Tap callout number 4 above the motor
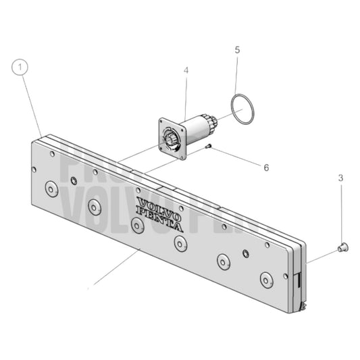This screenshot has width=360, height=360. click(x=186, y=70)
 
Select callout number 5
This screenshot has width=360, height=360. click(x=236, y=49)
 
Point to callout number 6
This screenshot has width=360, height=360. click(x=265, y=167)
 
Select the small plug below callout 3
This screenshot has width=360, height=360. click(x=342, y=247)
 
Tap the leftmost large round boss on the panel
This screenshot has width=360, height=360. click(x=51, y=188)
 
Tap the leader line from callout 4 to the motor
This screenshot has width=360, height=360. click(x=186, y=95)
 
